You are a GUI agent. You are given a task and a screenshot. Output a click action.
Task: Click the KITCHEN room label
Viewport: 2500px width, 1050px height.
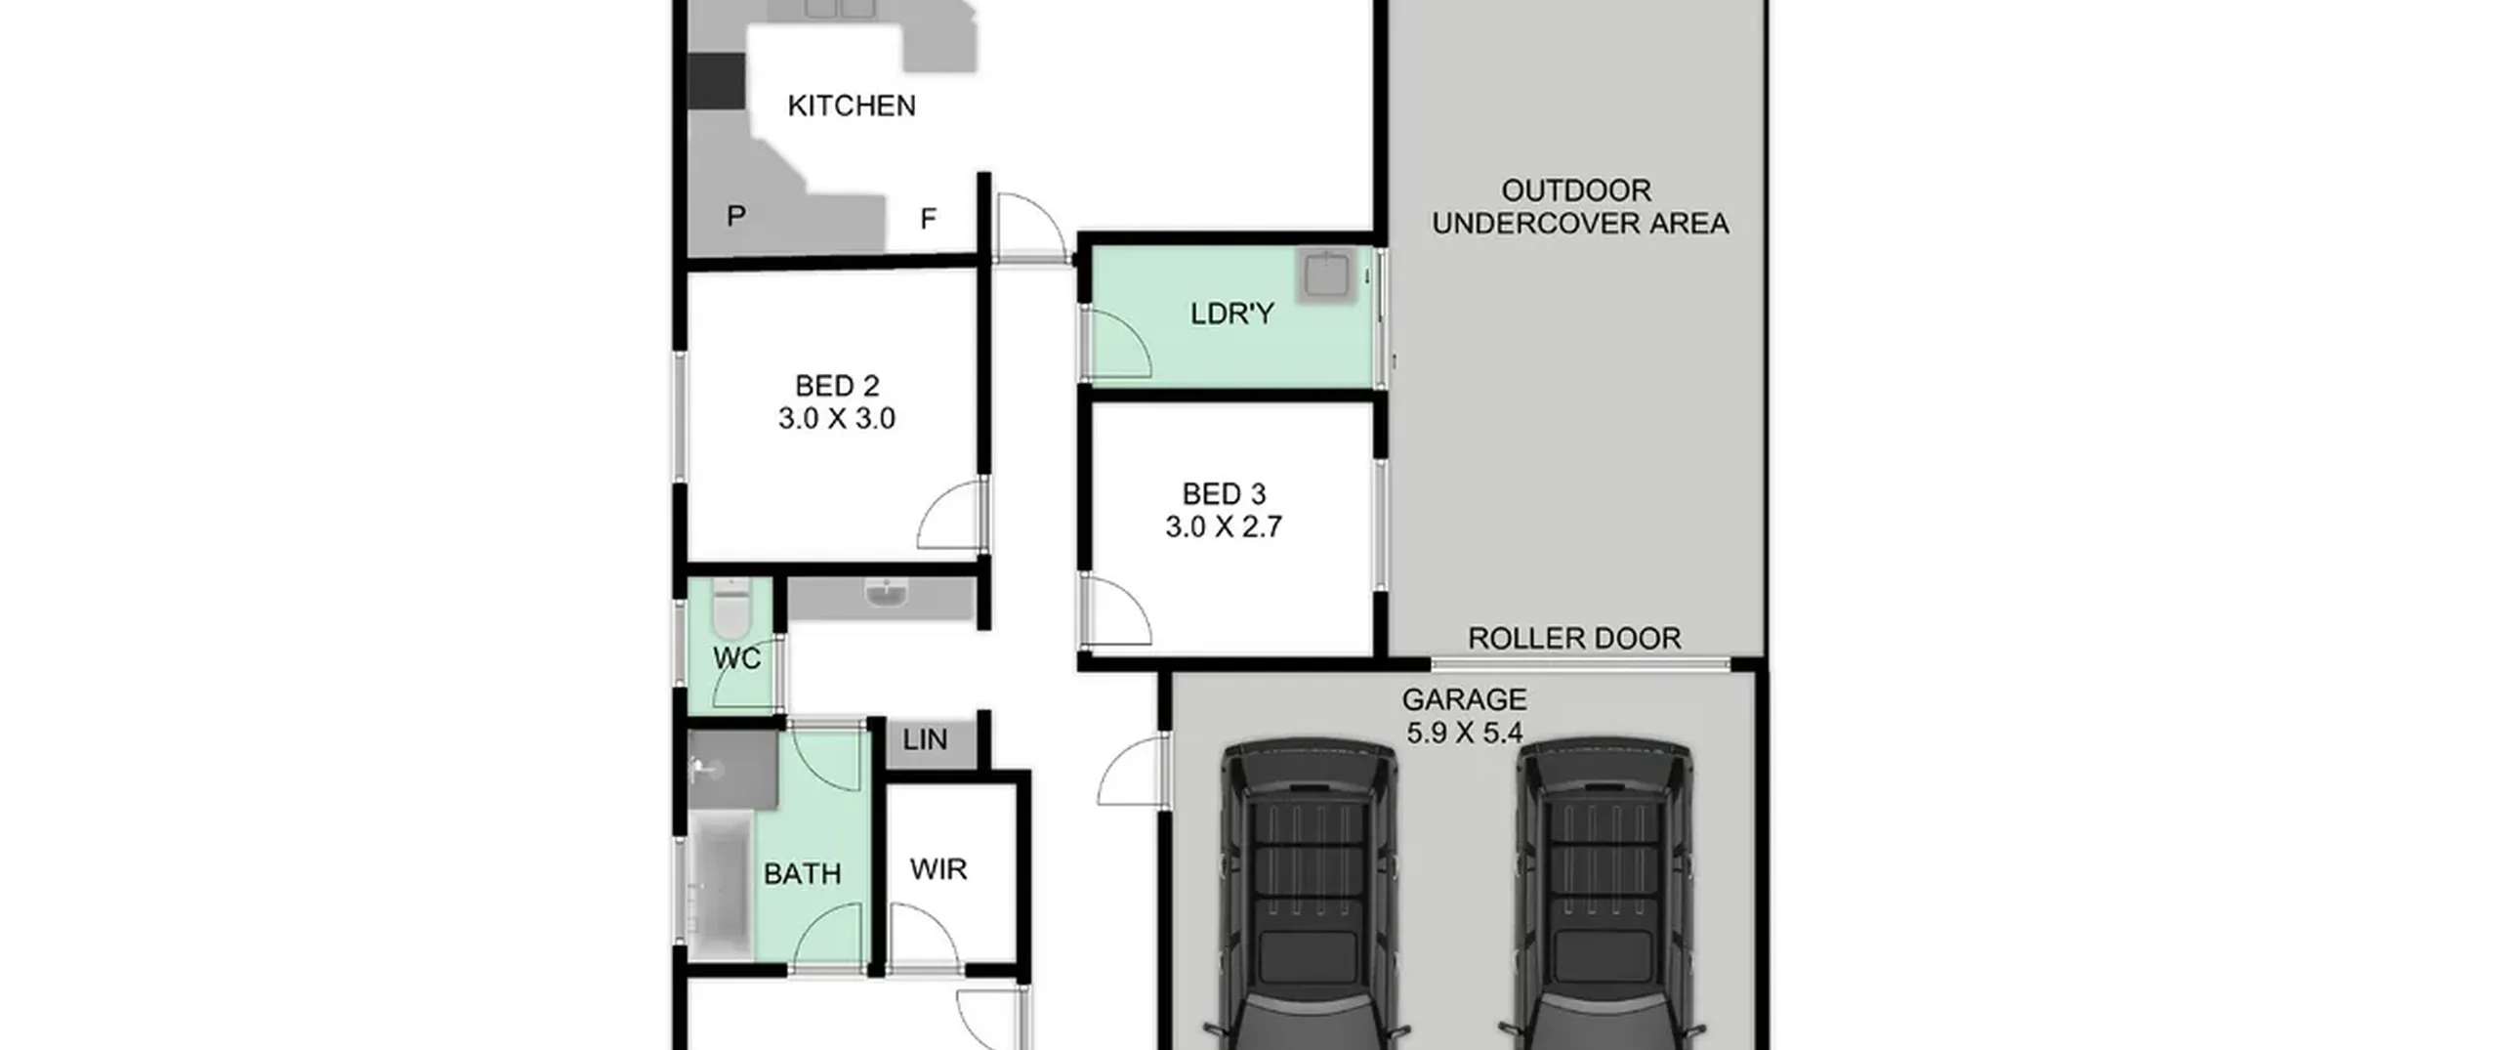(x=852, y=105)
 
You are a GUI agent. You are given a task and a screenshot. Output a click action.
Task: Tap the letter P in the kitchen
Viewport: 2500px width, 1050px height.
(x=736, y=216)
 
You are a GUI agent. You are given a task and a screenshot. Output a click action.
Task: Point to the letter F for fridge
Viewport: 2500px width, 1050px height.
(x=928, y=219)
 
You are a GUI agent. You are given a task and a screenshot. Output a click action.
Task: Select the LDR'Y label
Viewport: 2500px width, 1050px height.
(x=1232, y=314)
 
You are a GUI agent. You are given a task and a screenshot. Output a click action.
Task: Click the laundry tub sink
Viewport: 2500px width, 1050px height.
(x=1326, y=274)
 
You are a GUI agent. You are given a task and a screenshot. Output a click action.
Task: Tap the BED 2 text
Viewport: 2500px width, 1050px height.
(x=837, y=386)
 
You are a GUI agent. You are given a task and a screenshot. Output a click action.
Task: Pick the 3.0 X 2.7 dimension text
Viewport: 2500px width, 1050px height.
(x=1224, y=527)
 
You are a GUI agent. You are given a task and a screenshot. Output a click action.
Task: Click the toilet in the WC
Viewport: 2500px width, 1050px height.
(x=730, y=608)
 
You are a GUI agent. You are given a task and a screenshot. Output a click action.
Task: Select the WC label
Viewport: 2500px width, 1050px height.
(x=736, y=659)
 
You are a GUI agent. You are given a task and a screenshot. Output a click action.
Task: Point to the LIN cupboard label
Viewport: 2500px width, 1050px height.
(x=925, y=740)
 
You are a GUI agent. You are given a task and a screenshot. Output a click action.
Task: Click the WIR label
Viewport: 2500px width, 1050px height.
(x=938, y=869)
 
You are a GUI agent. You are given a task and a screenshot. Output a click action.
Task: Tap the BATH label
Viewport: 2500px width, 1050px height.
(x=802, y=873)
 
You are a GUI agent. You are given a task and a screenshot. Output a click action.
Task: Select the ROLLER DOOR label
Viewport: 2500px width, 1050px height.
(x=1574, y=639)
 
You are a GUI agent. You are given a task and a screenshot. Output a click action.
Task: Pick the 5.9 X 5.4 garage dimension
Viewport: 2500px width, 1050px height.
(x=1464, y=733)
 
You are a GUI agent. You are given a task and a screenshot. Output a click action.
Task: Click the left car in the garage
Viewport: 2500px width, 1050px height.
(x=1309, y=894)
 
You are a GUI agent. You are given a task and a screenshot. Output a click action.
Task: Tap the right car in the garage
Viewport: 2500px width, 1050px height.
(x=1604, y=894)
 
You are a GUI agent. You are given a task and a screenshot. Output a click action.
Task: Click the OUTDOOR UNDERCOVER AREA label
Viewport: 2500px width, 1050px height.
(x=1580, y=207)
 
